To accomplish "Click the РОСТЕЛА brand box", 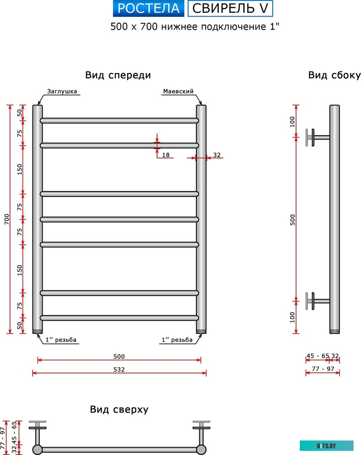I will pyautogui.click(x=148, y=9).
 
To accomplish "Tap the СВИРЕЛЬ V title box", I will pyautogui.click(x=230, y=9).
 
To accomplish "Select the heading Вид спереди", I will pyautogui.click(x=118, y=75).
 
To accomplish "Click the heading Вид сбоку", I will pyautogui.click(x=334, y=75).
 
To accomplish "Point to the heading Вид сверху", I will pyautogui.click(x=119, y=409).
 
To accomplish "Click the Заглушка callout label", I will pyautogui.click(x=62, y=91).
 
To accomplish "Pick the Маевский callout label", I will pyautogui.click(x=178, y=91).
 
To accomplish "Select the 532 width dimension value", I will pyautogui.click(x=119, y=369).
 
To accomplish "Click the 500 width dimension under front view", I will pyautogui.click(x=119, y=356).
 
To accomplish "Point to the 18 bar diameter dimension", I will pyautogui.click(x=166, y=155).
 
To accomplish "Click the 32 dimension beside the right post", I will pyautogui.click(x=217, y=155).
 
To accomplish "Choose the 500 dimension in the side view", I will pyautogui.click(x=293, y=219).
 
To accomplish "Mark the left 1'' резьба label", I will pyautogui.click(x=61, y=340).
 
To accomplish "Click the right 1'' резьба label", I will pyautogui.click(x=177, y=340).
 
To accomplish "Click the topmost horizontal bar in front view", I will pyautogui.click(x=119, y=120).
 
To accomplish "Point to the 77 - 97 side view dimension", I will pyautogui.click(x=322, y=369).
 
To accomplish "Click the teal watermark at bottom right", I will pyautogui.click(x=327, y=445).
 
